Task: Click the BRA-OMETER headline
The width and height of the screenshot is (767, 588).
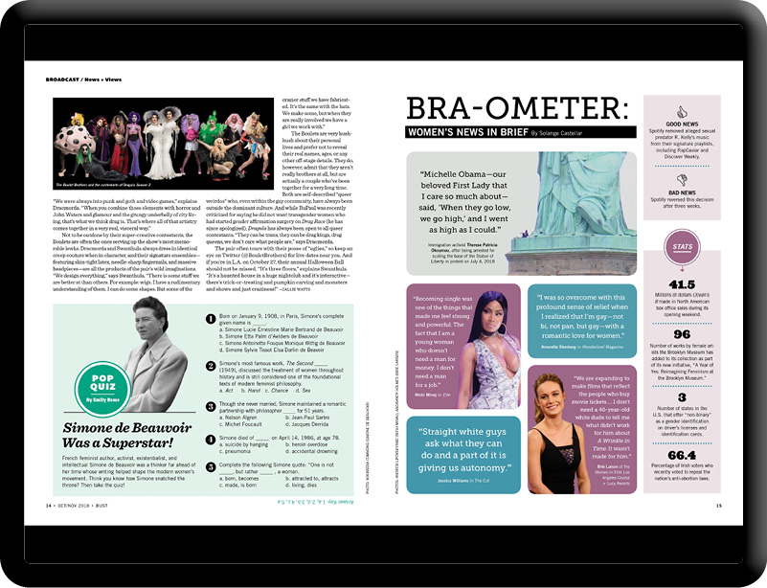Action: [517, 107]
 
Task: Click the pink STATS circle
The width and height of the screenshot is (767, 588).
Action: [684, 246]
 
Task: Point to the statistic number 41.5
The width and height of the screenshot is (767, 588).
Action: [683, 283]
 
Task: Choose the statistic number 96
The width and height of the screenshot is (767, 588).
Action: [683, 334]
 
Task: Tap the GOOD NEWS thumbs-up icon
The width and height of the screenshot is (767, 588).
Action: [683, 111]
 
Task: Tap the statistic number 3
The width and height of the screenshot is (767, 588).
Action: [683, 396]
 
